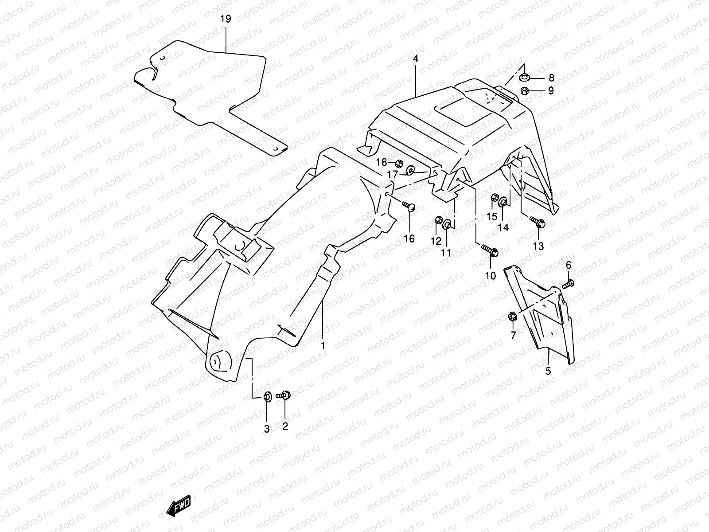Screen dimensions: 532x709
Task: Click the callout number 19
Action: coord(226,19)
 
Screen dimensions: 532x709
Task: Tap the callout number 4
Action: coord(415,59)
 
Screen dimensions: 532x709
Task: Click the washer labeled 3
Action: coord(267,396)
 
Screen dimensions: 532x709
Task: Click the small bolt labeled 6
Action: coord(568,284)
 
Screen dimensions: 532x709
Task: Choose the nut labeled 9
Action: coord(523,91)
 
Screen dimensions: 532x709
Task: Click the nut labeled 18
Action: coord(398,162)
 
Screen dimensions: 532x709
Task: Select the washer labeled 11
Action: coord(448,225)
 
